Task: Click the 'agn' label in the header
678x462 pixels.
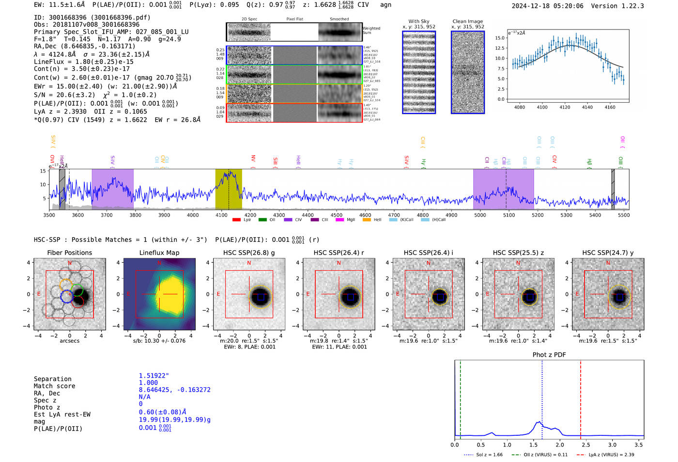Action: click(385, 5)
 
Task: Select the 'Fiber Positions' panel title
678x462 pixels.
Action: click(69, 253)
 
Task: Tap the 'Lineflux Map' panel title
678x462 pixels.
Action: click(159, 253)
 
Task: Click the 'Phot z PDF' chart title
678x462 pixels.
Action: click(549, 354)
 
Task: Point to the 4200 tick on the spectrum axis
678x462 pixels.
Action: click(250, 215)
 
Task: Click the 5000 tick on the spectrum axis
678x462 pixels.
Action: click(480, 215)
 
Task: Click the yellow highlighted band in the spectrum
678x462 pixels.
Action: click(229, 189)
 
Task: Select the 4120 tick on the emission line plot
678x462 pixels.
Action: click(565, 107)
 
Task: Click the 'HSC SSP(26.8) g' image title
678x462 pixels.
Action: click(249, 253)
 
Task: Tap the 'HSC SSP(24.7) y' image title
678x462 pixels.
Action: click(608, 253)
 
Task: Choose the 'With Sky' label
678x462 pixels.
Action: click(419, 21)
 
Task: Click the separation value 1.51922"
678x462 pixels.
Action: click(154, 376)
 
